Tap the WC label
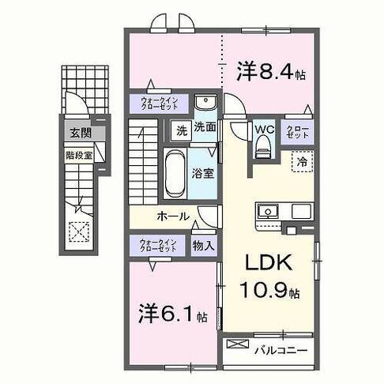(x=263, y=129)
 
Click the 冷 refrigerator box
(x=303, y=161)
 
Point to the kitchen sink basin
(x=268, y=211)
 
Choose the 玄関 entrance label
(x=76, y=132)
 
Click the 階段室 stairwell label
(x=79, y=155)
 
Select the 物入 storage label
(x=203, y=245)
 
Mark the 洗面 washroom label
(x=205, y=126)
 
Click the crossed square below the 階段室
(x=79, y=231)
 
